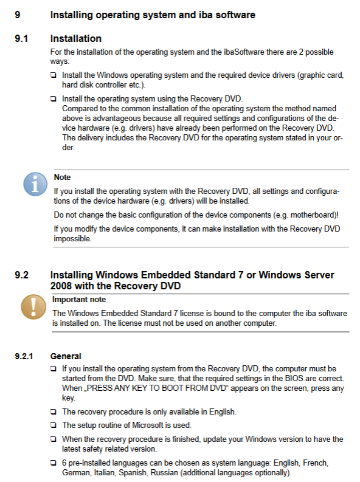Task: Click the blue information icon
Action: click(35, 184)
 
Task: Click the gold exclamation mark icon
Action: click(33, 307)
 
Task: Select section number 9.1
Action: click(21, 39)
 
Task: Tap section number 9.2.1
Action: click(24, 356)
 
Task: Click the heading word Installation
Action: click(75, 39)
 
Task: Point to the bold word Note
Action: click(62, 177)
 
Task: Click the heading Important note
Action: click(79, 300)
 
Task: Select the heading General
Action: click(66, 356)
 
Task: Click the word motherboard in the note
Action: click(313, 215)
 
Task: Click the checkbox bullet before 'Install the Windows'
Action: click(54, 75)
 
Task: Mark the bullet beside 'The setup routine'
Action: click(54, 425)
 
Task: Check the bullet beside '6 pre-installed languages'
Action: click(54, 463)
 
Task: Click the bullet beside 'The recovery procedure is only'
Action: click(54, 411)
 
